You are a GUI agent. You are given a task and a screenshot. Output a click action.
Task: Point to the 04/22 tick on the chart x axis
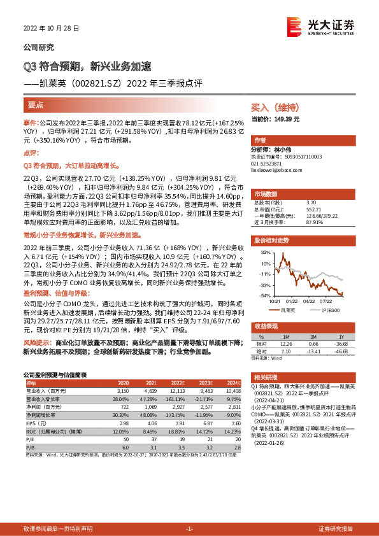coord(310,301)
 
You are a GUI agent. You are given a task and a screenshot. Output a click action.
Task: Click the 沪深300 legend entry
coord(329,309)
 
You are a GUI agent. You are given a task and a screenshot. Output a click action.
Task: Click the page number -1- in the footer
coord(189,529)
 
